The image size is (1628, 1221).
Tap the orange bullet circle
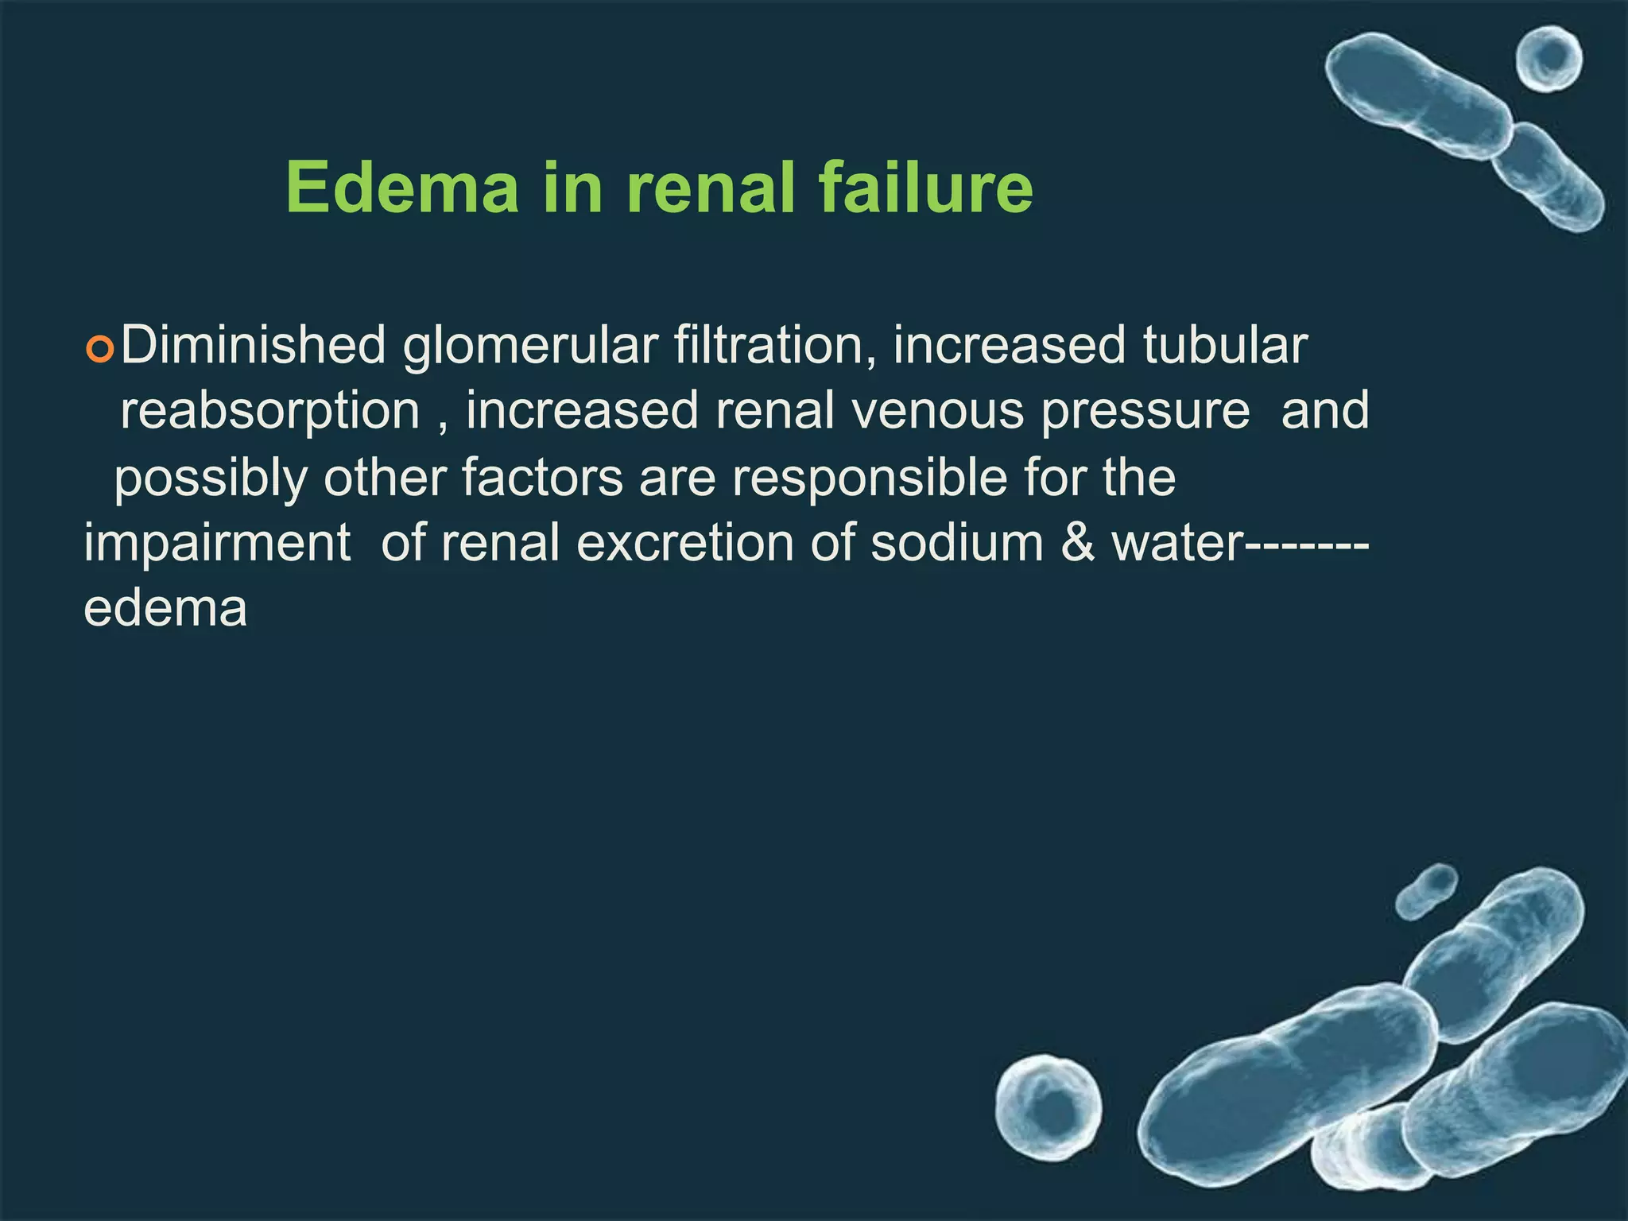[x=100, y=349]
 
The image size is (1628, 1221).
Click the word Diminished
[x=253, y=346]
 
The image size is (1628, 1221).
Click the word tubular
[x=1224, y=346]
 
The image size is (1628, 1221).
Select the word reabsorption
[x=269, y=412]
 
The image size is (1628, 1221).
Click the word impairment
[x=217, y=544]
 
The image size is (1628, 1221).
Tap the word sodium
[x=956, y=544]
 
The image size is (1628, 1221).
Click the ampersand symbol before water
[x=1077, y=544]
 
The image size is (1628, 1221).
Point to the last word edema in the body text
[x=165, y=610]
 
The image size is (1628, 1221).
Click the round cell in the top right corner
[x=1548, y=60]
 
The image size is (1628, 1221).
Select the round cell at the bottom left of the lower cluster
[x=1049, y=1107]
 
